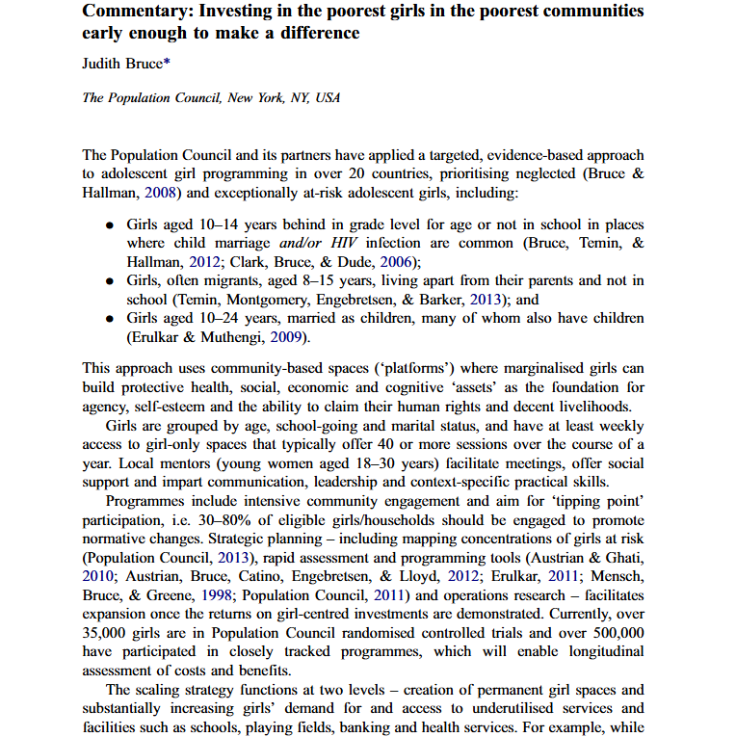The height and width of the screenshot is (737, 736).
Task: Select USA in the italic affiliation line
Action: (x=329, y=97)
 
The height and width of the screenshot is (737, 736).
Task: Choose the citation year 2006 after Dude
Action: (x=397, y=261)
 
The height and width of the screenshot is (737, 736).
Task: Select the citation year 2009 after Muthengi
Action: (x=287, y=336)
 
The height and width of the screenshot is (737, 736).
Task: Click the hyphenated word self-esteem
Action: (x=171, y=406)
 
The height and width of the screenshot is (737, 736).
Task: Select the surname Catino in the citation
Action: (x=257, y=578)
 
